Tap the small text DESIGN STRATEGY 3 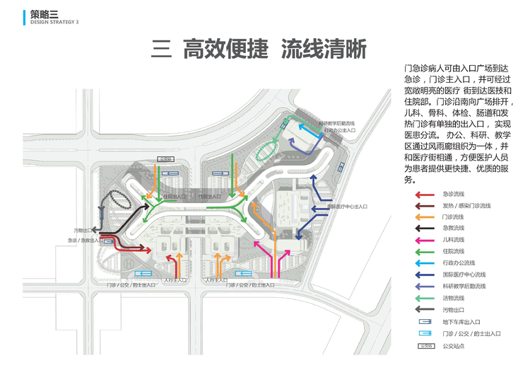coord(54,22)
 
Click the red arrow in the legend coord(424,194)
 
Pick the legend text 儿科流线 coord(453,240)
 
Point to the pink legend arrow coord(424,240)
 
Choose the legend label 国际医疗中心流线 coord(464,275)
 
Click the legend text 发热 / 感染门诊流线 coord(466,205)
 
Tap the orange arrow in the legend coord(424,217)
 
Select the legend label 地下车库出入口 coord(461,321)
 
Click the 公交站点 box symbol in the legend coord(425,347)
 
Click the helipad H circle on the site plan coord(128,262)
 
